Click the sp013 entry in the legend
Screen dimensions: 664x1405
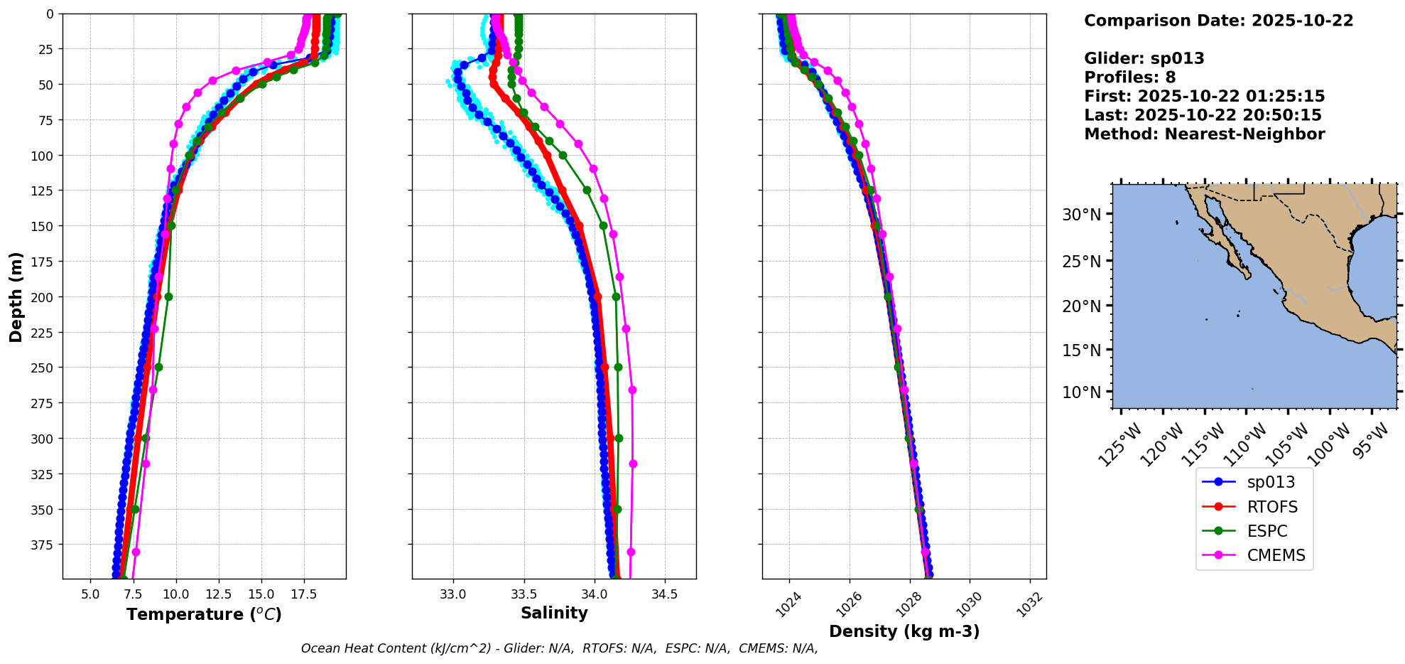coord(1270,482)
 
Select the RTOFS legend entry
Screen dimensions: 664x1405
coord(1271,507)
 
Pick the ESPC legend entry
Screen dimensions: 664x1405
coord(1266,531)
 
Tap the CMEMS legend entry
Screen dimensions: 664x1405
coord(1276,555)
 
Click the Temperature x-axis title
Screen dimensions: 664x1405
coord(204,614)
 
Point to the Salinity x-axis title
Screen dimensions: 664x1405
coord(554,613)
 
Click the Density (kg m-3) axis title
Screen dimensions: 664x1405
coord(904,631)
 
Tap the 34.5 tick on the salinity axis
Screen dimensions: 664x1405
coord(664,594)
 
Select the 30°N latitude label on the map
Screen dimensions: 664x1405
coord(1081,215)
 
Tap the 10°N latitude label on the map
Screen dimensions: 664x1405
coord(1081,392)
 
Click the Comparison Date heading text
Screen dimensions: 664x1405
coord(1218,21)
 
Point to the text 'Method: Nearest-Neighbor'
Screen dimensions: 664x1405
coord(1204,134)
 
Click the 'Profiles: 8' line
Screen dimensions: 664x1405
coord(1129,77)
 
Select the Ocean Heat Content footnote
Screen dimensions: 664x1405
coord(559,648)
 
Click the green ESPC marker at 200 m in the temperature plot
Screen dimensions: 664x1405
coord(168,296)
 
